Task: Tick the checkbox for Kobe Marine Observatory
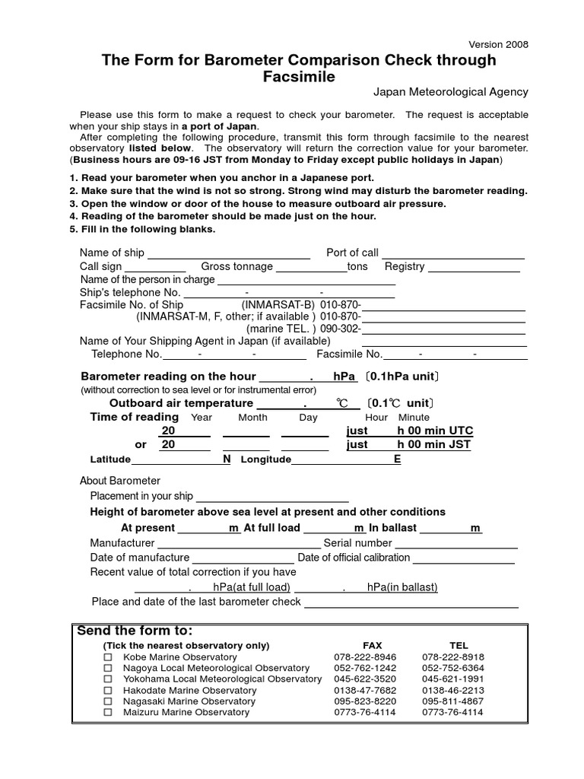point(108,657)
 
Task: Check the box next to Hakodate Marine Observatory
point(108,690)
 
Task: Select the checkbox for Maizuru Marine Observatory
point(108,712)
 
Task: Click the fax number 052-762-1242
point(364,668)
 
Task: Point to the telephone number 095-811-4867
point(453,701)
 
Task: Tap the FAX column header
point(373,645)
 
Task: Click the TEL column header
point(459,645)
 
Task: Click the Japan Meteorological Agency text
point(450,92)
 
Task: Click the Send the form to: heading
point(135,631)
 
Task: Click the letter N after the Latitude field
point(227,459)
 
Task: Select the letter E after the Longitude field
point(397,459)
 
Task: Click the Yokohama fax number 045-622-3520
point(364,679)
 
